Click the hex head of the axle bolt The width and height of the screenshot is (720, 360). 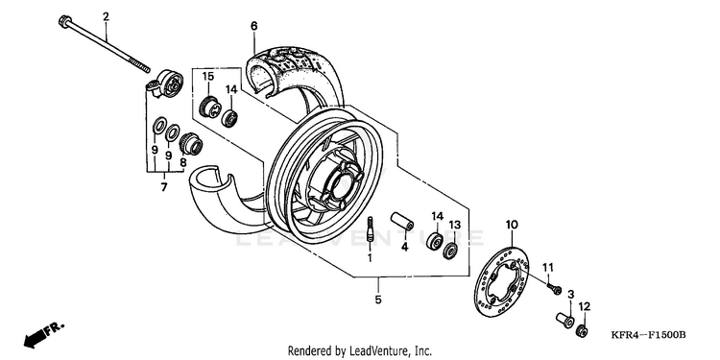(x=63, y=21)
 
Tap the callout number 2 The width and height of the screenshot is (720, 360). (x=106, y=17)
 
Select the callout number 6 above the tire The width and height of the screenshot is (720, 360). (x=254, y=26)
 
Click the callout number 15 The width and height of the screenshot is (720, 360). (x=208, y=76)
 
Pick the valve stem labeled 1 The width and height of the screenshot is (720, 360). (x=371, y=228)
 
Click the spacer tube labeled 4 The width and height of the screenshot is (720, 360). (x=402, y=221)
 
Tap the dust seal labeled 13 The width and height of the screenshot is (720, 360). (x=450, y=251)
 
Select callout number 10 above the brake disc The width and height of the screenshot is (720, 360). (x=512, y=225)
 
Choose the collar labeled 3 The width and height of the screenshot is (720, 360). (x=564, y=319)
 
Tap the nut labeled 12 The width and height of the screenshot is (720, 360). (x=583, y=329)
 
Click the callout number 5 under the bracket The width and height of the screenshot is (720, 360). (x=378, y=300)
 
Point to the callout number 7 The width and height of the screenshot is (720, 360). (x=164, y=187)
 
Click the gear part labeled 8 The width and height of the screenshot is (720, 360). (x=191, y=143)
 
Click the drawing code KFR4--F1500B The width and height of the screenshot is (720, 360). (x=648, y=335)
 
